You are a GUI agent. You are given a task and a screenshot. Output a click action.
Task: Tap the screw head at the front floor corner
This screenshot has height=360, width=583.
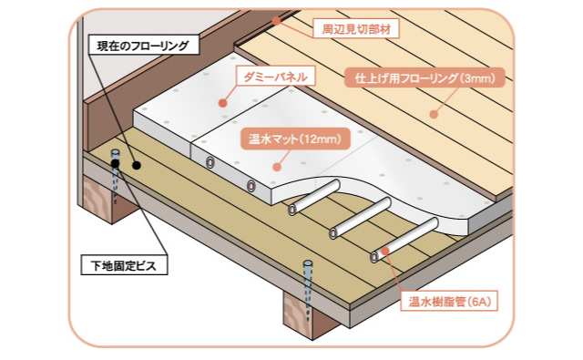tap(308, 266)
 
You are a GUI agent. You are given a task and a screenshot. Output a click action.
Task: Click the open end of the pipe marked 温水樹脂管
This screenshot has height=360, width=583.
tap(375, 257)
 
